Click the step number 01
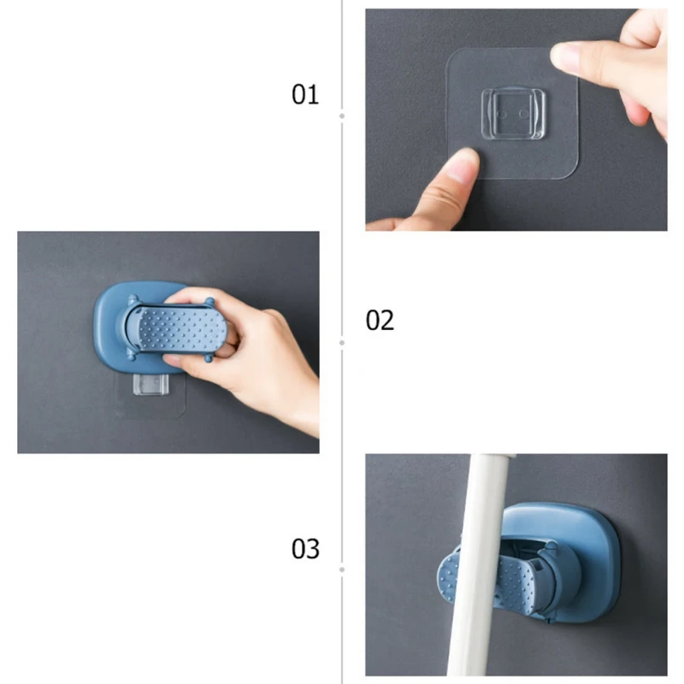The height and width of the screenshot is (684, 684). (x=305, y=94)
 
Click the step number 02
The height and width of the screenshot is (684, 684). (x=380, y=321)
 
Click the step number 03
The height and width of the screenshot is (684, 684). (x=305, y=549)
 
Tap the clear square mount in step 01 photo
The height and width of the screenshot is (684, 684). (x=514, y=114)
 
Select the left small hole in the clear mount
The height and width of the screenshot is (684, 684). (x=502, y=115)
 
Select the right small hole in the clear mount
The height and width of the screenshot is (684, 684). (x=524, y=114)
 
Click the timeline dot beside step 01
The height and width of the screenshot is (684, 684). (x=342, y=116)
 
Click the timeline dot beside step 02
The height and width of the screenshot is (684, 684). (x=342, y=343)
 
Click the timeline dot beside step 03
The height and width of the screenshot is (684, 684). (x=342, y=569)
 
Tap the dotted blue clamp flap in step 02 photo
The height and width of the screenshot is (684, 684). (x=182, y=329)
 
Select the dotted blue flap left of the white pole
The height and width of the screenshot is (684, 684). (x=447, y=575)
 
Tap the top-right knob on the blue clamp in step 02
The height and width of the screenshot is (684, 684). (x=209, y=302)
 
